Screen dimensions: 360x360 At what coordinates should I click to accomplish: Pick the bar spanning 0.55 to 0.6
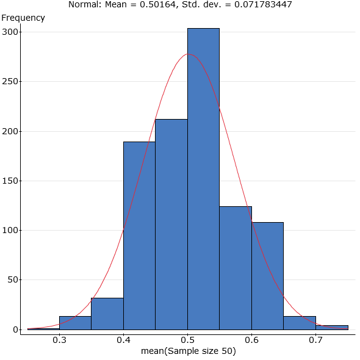click(x=236, y=268)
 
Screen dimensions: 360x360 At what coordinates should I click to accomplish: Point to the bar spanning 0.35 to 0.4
click(x=107, y=314)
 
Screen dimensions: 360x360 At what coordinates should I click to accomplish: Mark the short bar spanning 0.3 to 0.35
click(x=75, y=323)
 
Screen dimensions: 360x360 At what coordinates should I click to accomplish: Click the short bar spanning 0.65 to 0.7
click(x=300, y=323)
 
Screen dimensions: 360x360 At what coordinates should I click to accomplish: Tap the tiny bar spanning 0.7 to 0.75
click(x=331, y=327)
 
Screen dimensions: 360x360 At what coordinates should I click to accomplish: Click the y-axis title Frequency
click(x=24, y=18)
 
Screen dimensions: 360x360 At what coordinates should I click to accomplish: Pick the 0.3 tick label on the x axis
click(x=59, y=339)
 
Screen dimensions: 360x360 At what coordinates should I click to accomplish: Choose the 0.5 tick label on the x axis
click(x=187, y=339)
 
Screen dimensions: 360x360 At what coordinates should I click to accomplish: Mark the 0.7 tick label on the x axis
click(x=315, y=339)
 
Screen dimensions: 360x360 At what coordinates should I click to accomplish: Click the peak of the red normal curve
click(x=189, y=54)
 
